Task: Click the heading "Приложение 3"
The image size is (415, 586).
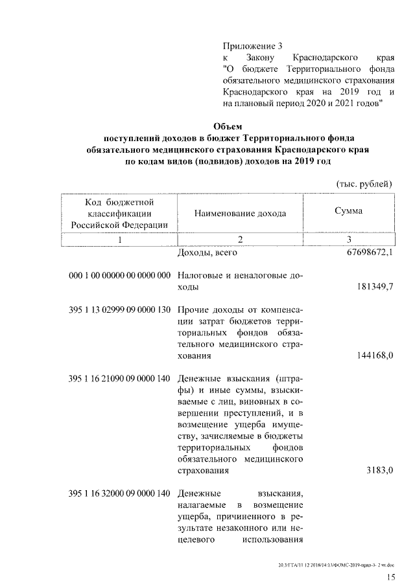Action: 252,46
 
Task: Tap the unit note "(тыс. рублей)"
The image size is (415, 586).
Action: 364,185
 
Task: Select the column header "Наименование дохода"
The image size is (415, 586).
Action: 239,213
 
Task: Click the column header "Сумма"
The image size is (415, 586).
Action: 348,211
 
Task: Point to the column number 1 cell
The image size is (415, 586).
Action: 119,240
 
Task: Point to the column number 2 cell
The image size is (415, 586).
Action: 239,240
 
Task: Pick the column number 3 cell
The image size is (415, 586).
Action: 348,240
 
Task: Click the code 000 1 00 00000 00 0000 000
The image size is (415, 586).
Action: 119,275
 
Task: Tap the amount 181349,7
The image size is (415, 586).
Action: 374,286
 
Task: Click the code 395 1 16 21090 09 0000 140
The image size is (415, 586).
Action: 119,378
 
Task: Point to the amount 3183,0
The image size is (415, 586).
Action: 379,471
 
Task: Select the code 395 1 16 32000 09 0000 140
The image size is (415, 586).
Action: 119,493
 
